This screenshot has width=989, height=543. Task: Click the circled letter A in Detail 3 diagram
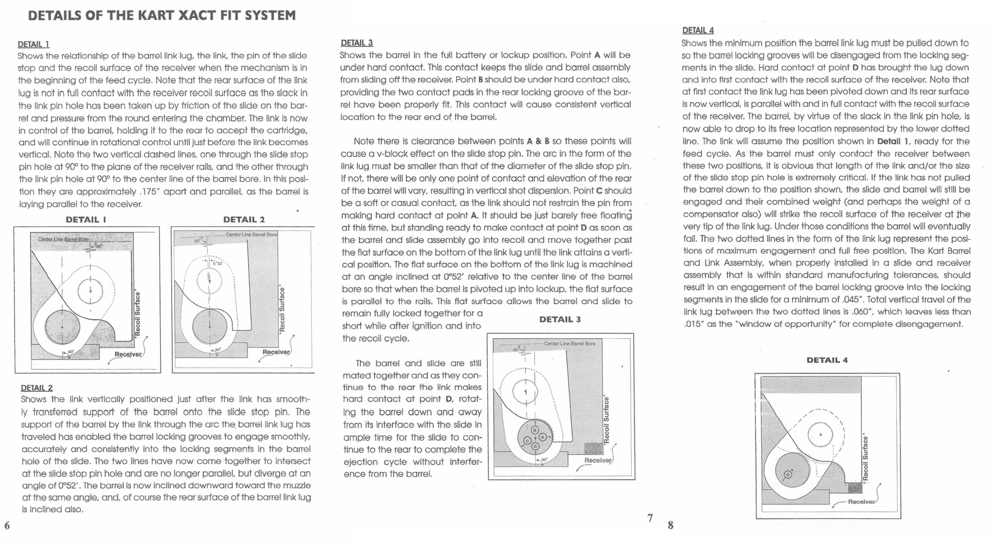542,437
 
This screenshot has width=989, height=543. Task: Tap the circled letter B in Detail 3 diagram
534,430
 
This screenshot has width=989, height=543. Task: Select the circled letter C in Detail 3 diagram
527,441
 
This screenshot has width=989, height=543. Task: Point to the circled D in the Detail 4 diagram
787,475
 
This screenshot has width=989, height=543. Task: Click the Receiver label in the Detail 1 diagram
128,354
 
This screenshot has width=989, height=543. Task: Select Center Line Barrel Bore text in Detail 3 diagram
570,343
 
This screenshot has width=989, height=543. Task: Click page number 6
7,525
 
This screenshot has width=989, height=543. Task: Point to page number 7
650,518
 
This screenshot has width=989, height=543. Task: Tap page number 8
670,525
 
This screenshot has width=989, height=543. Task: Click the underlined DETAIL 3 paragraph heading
357,43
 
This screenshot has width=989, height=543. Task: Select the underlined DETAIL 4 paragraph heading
698,30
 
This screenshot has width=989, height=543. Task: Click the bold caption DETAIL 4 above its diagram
827,360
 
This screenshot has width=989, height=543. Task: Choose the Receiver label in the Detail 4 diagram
861,502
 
